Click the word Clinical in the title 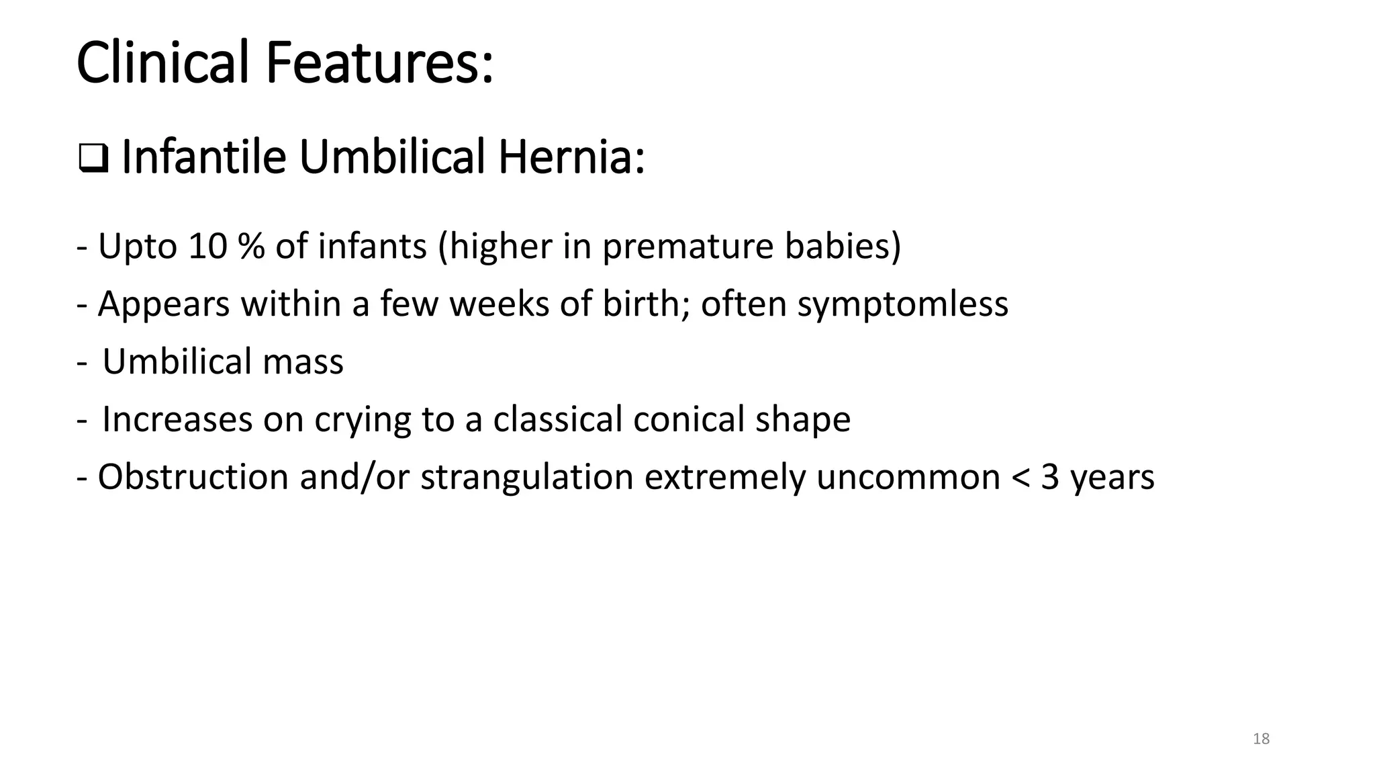164,63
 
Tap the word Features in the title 379,63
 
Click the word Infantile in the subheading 204,157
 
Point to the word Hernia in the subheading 571,157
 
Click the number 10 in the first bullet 208,247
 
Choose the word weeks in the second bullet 500,304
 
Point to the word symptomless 902,304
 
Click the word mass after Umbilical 303,362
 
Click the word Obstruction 193,478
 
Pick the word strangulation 527,478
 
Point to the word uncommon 908,478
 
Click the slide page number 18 1261,739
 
